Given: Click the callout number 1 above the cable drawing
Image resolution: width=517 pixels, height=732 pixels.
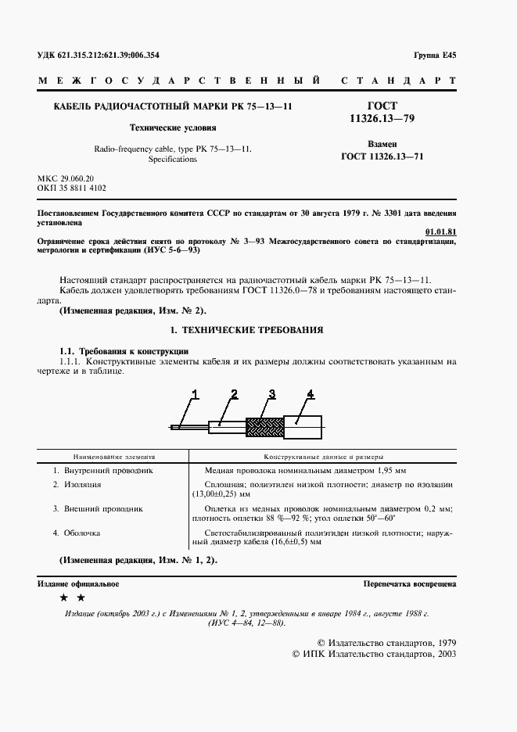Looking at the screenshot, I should pyautogui.click(x=196, y=393).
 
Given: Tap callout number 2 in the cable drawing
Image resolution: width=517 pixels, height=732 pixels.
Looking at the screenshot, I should pyautogui.click(x=234, y=393).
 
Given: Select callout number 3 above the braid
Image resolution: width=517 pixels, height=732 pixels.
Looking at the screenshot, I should pyautogui.click(x=271, y=393).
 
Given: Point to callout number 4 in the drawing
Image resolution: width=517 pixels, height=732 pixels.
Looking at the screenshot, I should pyautogui.click(x=310, y=393).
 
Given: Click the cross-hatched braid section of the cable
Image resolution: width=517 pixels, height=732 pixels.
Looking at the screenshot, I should pyautogui.click(x=264, y=426).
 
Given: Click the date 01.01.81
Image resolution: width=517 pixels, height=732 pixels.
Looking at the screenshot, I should pyautogui.click(x=440, y=231).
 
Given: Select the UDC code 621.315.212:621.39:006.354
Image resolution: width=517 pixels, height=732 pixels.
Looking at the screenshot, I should pyautogui.click(x=99, y=56).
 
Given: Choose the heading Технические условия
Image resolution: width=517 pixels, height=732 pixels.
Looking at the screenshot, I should pyautogui.click(x=173, y=127).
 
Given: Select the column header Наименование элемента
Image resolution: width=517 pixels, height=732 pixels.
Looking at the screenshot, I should pyautogui.click(x=114, y=455).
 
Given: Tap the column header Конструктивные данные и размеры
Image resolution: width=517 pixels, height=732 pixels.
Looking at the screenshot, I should pyautogui.click(x=323, y=455).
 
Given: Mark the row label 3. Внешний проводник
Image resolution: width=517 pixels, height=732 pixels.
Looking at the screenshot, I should pyautogui.click(x=98, y=508).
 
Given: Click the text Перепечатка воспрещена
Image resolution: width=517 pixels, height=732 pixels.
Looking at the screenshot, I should pyautogui.click(x=410, y=584).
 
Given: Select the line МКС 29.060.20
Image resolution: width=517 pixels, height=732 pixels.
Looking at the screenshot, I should pyautogui.click(x=66, y=179).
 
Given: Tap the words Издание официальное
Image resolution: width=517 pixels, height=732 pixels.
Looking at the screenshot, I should pyautogui.click(x=78, y=584).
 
